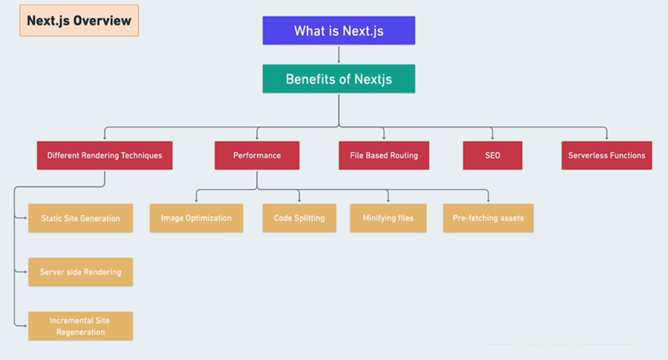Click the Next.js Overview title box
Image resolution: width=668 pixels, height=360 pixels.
click(79, 21)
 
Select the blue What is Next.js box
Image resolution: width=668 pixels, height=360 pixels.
click(338, 30)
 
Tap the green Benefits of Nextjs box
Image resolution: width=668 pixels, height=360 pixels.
click(338, 79)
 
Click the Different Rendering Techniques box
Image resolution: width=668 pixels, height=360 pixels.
click(105, 155)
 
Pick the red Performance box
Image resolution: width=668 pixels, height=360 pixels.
click(257, 155)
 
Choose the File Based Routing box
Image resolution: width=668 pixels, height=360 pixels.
click(384, 155)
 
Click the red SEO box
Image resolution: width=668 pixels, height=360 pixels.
click(492, 155)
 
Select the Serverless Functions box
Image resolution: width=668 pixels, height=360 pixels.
click(606, 155)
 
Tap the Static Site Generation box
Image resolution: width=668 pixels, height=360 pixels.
click(80, 218)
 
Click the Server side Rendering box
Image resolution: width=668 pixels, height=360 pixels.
click(80, 272)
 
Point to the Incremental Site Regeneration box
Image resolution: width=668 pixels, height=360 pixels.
click(80, 326)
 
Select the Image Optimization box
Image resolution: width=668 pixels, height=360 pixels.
click(196, 218)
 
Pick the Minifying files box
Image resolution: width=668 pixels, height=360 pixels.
click(388, 218)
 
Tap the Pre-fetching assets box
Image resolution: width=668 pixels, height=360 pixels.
click(488, 218)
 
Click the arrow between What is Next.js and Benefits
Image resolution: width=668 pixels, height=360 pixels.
click(338, 55)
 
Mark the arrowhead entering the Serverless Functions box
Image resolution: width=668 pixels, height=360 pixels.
click(606, 138)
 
